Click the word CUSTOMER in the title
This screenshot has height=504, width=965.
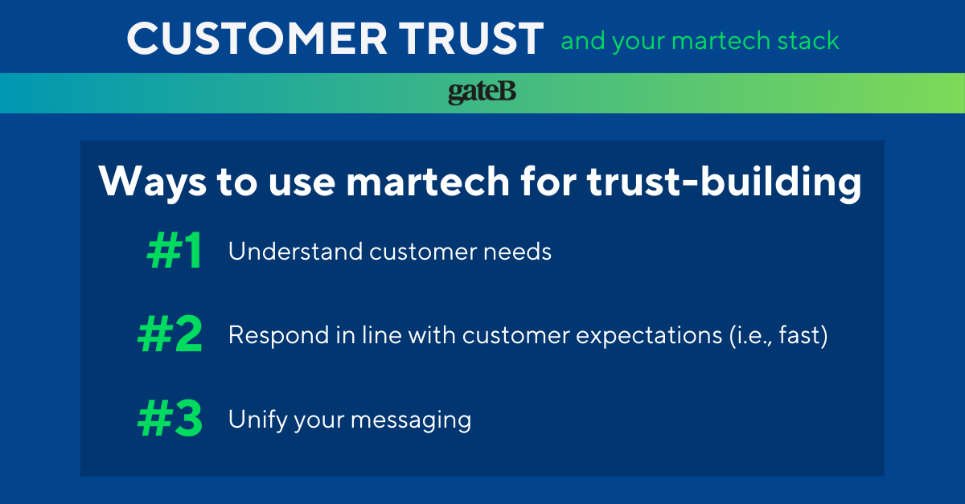point(257,39)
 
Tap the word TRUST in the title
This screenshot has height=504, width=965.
point(471,39)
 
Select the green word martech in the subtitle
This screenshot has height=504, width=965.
point(721,41)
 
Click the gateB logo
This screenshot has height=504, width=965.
point(482,92)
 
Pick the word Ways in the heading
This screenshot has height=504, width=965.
point(153,182)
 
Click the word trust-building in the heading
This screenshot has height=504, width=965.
point(725,182)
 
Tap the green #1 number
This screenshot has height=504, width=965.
point(174,250)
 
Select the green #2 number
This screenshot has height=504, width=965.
point(170,334)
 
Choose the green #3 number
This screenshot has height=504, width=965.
point(170,418)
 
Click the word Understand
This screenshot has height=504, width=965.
point(296,251)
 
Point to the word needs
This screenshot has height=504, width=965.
point(517,252)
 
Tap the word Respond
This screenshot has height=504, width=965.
point(279,336)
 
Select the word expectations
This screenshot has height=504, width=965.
point(649,336)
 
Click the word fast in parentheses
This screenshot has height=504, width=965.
point(799,334)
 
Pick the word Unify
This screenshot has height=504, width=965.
point(257,420)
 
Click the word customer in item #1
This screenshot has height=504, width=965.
point(423,252)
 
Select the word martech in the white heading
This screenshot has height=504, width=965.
point(428,182)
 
